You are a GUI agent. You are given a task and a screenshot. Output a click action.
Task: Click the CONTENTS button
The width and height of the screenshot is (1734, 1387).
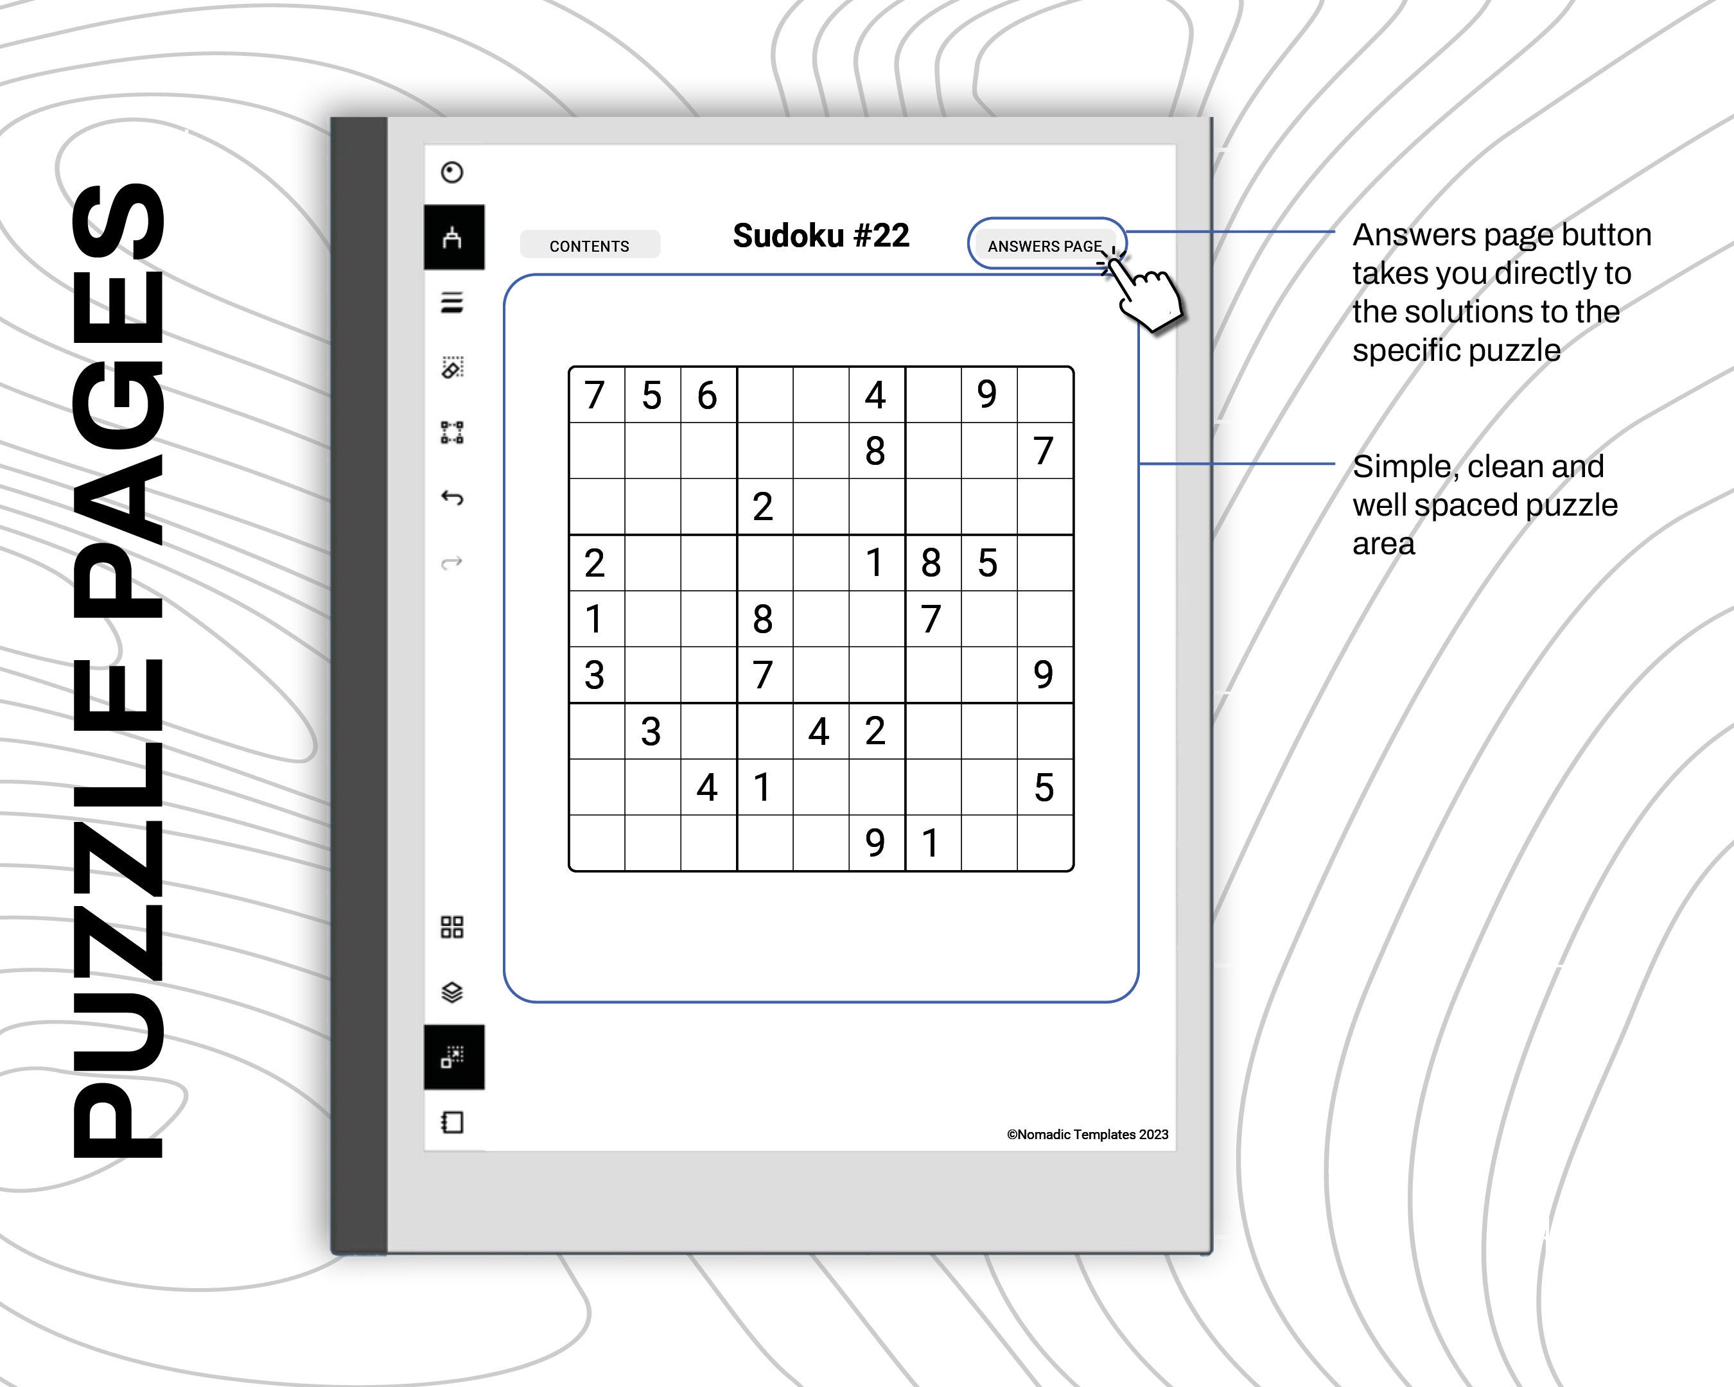coord(590,245)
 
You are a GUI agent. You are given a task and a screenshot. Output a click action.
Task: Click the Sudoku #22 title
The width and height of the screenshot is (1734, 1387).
coord(820,236)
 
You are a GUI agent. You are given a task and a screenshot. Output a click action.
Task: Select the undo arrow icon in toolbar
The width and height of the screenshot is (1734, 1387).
coord(452,498)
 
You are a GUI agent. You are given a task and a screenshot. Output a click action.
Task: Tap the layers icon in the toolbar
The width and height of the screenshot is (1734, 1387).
coord(452,991)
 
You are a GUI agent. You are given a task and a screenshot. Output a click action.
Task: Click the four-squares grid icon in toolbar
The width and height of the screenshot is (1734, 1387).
coord(452,927)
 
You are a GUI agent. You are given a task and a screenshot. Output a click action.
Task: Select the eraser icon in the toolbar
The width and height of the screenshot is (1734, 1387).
coord(452,367)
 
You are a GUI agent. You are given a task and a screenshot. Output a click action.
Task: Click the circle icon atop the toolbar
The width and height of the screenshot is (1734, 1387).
coord(452,172)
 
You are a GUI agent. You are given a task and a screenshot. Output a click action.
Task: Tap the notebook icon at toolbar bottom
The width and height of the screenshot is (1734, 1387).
coord(452,1122)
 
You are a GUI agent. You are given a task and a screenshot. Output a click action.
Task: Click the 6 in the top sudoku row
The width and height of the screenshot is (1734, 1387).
coord(707,395)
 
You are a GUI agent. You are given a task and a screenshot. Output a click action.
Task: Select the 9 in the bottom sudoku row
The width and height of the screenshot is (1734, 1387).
coord(875,842)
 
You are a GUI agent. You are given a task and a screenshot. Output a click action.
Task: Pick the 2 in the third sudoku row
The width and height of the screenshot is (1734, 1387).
coord(762,507)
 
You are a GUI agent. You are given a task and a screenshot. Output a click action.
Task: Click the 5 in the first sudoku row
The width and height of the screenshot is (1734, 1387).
coord(651,395)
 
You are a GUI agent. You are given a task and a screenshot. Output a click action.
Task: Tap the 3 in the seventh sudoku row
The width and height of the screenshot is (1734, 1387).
coord(651,731)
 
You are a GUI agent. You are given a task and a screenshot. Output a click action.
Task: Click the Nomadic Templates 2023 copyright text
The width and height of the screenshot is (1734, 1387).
coord(1087,1135)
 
